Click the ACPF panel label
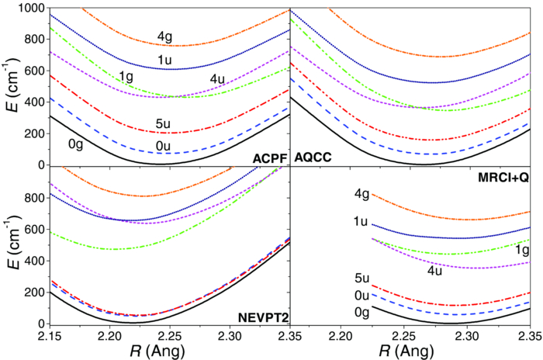tap(268, 157)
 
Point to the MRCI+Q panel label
tap(505, 178)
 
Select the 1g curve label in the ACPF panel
tap(125, 76)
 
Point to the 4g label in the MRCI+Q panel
tap(358, 195)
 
